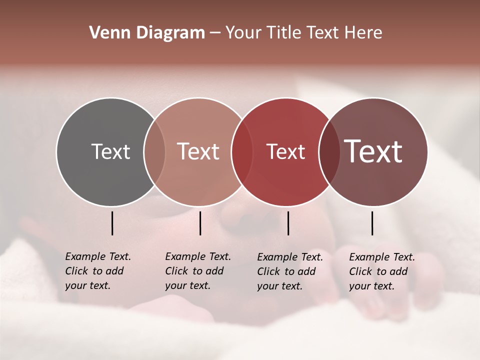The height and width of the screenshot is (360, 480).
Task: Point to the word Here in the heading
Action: click(364, 33)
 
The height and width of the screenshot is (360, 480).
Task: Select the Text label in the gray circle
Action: click(110, 151)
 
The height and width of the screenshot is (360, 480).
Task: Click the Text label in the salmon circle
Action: click(198, 151)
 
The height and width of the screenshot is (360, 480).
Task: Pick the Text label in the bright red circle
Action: click(286, 152)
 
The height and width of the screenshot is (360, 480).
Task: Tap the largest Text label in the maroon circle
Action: click(373, 151)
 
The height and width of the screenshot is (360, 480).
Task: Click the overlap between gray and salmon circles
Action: click(154, 151)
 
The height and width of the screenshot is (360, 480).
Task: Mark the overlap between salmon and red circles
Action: click(242, 151)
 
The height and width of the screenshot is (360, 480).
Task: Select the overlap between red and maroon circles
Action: click(329, 151)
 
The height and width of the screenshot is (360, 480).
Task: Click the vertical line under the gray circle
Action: click(112, 223)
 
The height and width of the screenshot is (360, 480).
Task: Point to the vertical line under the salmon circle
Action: click(200, 223)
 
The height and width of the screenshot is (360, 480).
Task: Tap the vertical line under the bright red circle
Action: click(288, 223)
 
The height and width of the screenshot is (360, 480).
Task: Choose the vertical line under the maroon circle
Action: click(372, 223)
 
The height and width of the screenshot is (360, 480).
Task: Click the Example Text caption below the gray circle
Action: click(98, 271)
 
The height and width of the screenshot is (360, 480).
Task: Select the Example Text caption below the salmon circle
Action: click(198, 271)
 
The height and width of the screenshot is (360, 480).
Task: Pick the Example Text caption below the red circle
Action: click(290, 271)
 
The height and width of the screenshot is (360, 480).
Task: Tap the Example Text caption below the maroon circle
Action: click(382, 271)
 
